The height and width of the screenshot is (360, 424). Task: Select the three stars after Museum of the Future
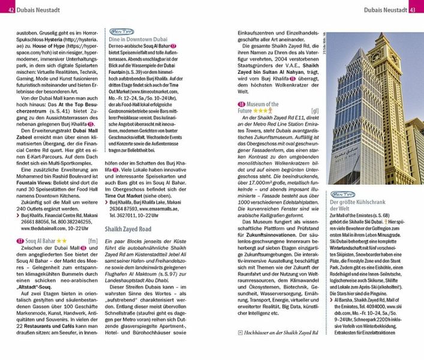pyautogui.click(x=260, y=111)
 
